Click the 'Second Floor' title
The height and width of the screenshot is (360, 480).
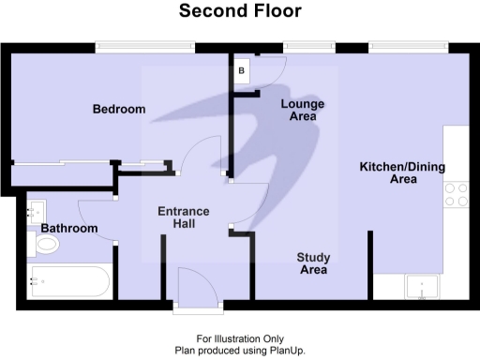point(240,12)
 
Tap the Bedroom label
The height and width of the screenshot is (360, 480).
point(119,110)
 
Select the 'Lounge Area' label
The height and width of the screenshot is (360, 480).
point(303,111)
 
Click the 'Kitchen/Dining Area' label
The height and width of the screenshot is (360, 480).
point(403,172)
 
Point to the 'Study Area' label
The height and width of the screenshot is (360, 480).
point(312,263)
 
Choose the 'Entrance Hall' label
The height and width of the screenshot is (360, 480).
point(183,217)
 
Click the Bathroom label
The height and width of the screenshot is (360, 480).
point(68,229)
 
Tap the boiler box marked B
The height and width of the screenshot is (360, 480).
point(241,70)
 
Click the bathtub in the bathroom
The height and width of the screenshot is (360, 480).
point(70,280)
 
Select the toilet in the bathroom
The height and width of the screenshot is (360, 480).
point(45,245)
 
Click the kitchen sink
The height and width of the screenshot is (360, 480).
point(422,287)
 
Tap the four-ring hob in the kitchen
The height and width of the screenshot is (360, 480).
point(457,194)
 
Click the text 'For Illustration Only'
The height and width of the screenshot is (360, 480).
point(240,338)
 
